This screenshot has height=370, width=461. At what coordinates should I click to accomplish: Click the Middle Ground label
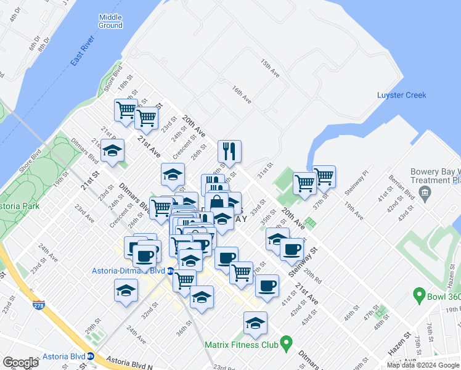pyautogui.click(x=110, y=21)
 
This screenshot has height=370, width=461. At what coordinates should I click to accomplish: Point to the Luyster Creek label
pyautogui.click(x=401, y=95)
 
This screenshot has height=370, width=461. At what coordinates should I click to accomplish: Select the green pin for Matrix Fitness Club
pyautogui.click(x=286, y=343)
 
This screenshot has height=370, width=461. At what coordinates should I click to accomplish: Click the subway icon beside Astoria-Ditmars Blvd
pyautogui.click(x=169, y=271)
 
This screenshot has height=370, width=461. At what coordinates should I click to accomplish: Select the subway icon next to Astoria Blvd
pyautogui.click(x=91, y=356)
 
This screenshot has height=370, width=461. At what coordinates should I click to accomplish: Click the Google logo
pyautogui.click(x=20, y=363)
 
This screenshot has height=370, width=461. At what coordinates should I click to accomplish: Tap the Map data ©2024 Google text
pyautogui.click(x=423, y=366)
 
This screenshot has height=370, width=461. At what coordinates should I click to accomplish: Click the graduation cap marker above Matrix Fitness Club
pyautogui.click(x=255, y=322)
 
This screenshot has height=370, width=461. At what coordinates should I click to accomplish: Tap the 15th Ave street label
pyautogui.click(x=270, y=68)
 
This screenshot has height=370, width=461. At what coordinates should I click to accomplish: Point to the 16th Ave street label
pyautogui.click(x=242, y=94)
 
